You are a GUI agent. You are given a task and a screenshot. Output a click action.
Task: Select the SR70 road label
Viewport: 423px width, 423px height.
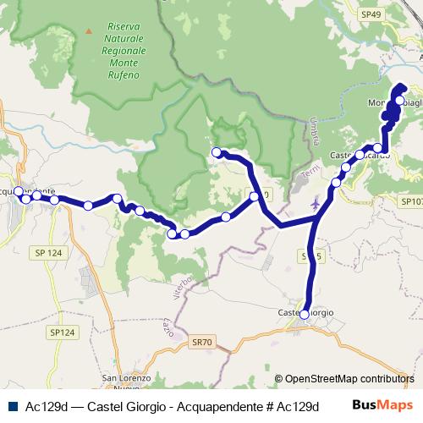click(202, 341)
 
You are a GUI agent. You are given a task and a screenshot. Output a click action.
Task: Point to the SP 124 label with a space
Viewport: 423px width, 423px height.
click(50, 252)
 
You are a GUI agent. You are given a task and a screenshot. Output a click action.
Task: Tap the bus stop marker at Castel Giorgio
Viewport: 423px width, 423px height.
click(305, 314)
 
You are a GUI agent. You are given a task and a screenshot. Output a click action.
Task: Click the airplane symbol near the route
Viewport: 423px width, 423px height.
click(316, 203)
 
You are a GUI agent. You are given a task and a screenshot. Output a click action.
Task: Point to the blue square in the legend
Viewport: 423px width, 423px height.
click(11, 405)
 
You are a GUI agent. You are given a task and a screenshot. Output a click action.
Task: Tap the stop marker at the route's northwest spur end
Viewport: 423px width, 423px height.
click(216, 152)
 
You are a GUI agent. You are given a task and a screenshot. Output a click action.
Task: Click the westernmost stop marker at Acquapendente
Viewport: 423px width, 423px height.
click(19, 191)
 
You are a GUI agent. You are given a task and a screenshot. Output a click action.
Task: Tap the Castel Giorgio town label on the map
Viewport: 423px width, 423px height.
click(305, 313)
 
